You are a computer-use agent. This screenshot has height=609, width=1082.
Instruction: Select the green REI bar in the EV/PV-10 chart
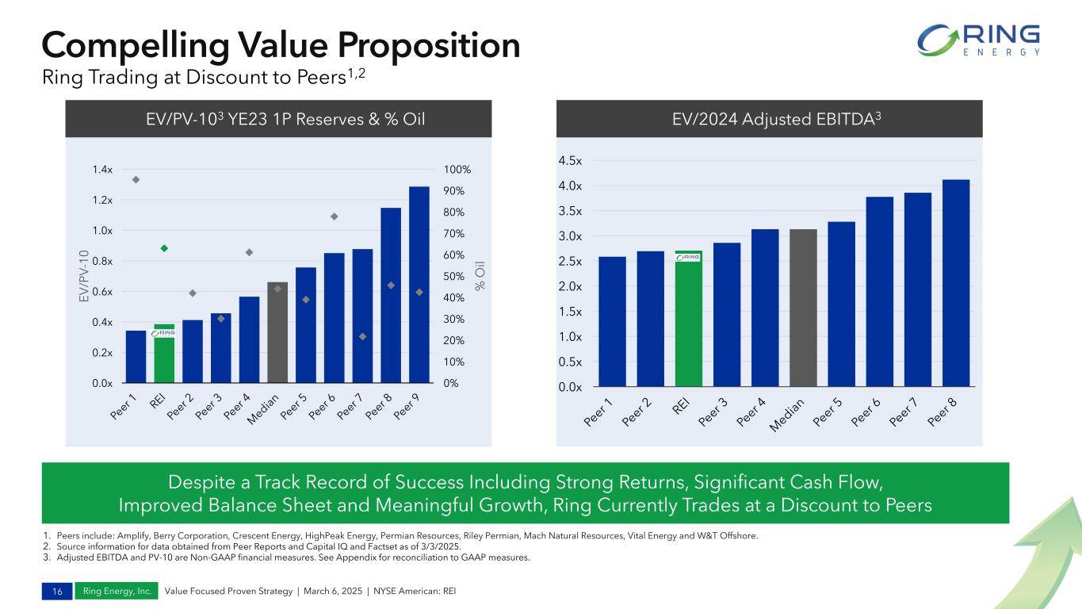coord(164,354)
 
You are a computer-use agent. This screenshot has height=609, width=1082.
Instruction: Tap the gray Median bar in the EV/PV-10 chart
coord(277,333)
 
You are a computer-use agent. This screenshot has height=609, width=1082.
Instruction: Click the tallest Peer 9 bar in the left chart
coord(419,285)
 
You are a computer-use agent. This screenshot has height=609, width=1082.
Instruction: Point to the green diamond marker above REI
coord(164,248)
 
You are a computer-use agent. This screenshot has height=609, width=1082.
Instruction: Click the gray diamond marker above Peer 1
coord(136,179)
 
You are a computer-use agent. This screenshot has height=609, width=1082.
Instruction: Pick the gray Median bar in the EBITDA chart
coord(803,308)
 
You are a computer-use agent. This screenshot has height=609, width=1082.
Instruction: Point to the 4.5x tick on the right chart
coord(570,161)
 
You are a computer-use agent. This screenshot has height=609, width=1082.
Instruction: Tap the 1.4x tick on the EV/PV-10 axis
coord(102,170)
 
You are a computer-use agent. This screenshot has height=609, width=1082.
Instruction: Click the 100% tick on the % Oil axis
coord(457,170)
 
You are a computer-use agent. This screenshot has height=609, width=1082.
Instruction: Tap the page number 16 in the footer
coord(55,591)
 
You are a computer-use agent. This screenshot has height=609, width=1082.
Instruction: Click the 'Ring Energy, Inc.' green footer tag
coord(117,591)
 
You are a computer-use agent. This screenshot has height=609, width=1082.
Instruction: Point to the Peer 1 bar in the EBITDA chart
coord(612,322)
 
